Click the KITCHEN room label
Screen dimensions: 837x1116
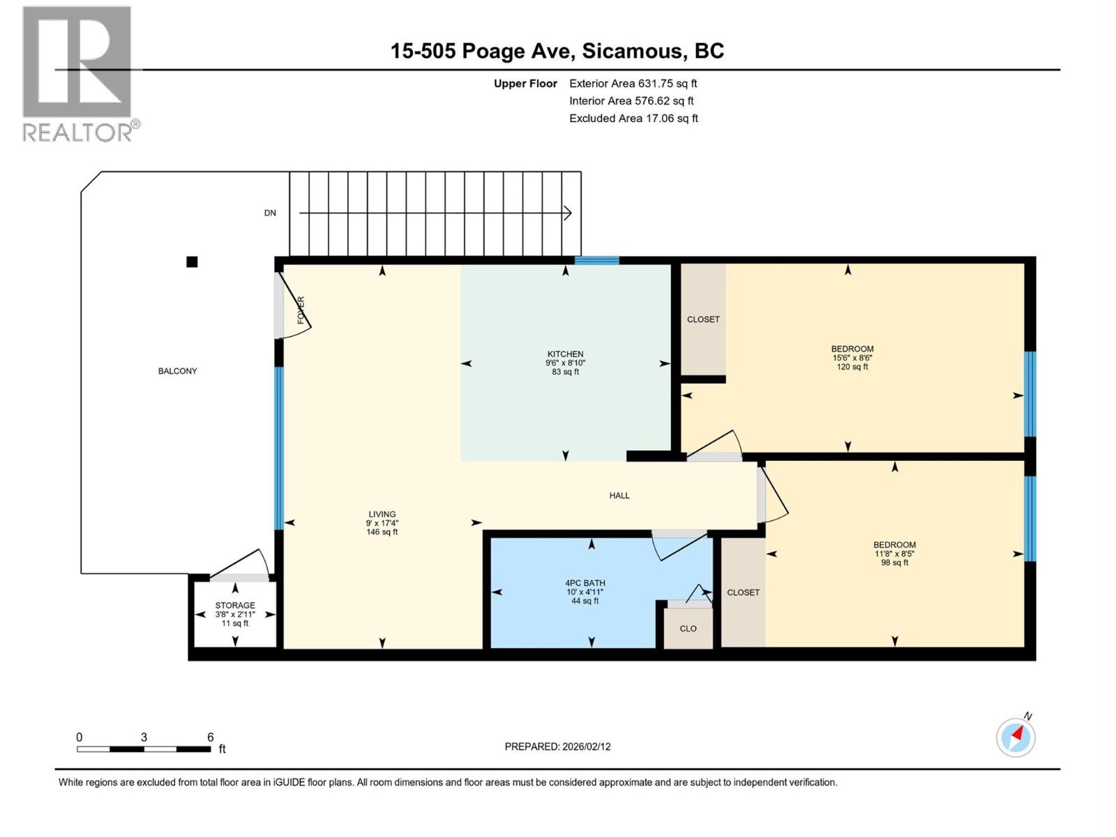pos(565,354)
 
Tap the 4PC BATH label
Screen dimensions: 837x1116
pos(585,583)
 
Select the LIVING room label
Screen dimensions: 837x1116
pos(382,514)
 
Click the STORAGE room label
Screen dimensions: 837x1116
pos(235,605)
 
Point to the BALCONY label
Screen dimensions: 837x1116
pos(177,371)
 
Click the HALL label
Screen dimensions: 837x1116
pos(619,496)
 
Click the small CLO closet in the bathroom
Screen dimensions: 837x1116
pos(688,628)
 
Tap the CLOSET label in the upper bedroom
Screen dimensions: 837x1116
pos(703,319)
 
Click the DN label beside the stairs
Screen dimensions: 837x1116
pos(270,213)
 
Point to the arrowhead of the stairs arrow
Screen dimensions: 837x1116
pos(568,213)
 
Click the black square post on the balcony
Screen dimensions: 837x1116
pos(192,262)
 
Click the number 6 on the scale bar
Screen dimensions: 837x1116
pos(210,737)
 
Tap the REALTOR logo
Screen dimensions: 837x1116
pos(77,73)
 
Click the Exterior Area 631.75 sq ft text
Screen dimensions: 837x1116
pos(633,84)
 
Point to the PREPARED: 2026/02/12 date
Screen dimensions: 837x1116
pos(557,746)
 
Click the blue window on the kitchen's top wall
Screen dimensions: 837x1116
pos(596,261)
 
